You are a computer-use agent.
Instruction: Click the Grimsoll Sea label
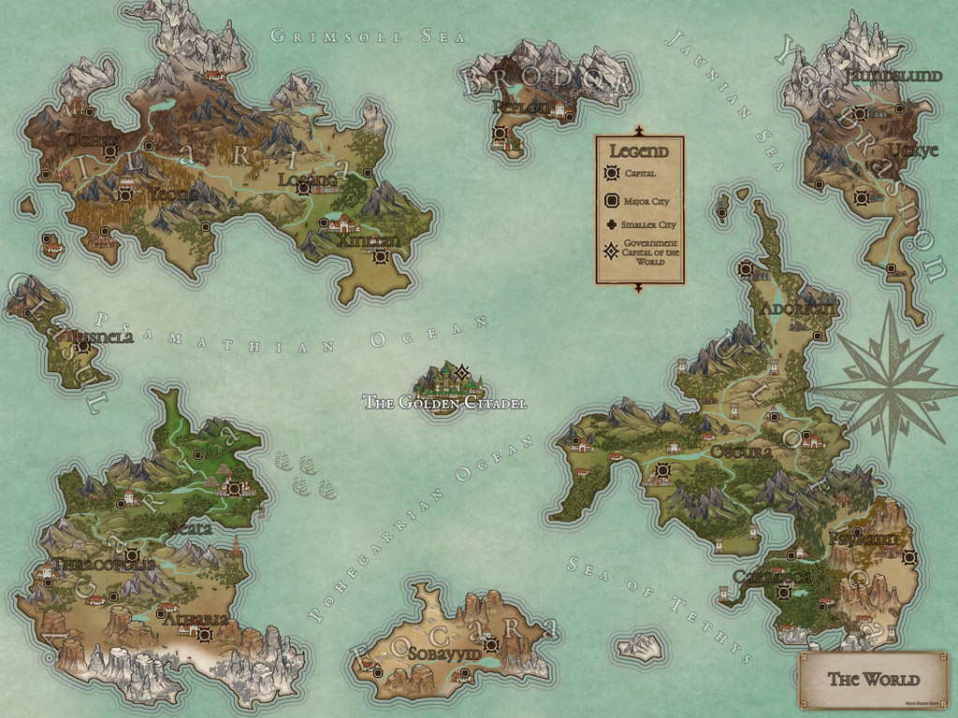[x=341, y=36]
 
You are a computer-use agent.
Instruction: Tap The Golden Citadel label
[x=444, y=403]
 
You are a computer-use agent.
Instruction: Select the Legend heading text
[x=639, y=151]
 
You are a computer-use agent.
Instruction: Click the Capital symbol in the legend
[x=613, y=173]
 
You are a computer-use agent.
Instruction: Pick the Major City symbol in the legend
[x=613, y=200]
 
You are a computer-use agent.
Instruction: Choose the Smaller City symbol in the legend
[x=613, y=224]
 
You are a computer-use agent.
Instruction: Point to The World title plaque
[x=873, y=680]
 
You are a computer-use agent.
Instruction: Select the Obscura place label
[x=741, y=452]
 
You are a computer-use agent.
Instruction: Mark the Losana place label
[x=307, y=178]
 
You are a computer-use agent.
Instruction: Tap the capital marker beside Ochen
[x=110, y=151]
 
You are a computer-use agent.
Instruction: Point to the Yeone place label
[x=172, y=194]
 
